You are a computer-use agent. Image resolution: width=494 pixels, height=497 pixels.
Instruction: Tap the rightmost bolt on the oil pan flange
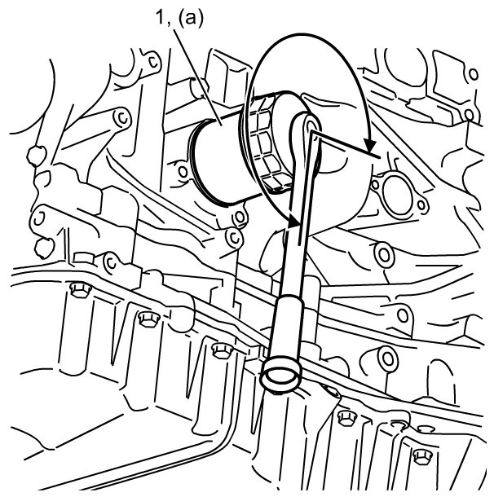[x=421, y=454]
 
